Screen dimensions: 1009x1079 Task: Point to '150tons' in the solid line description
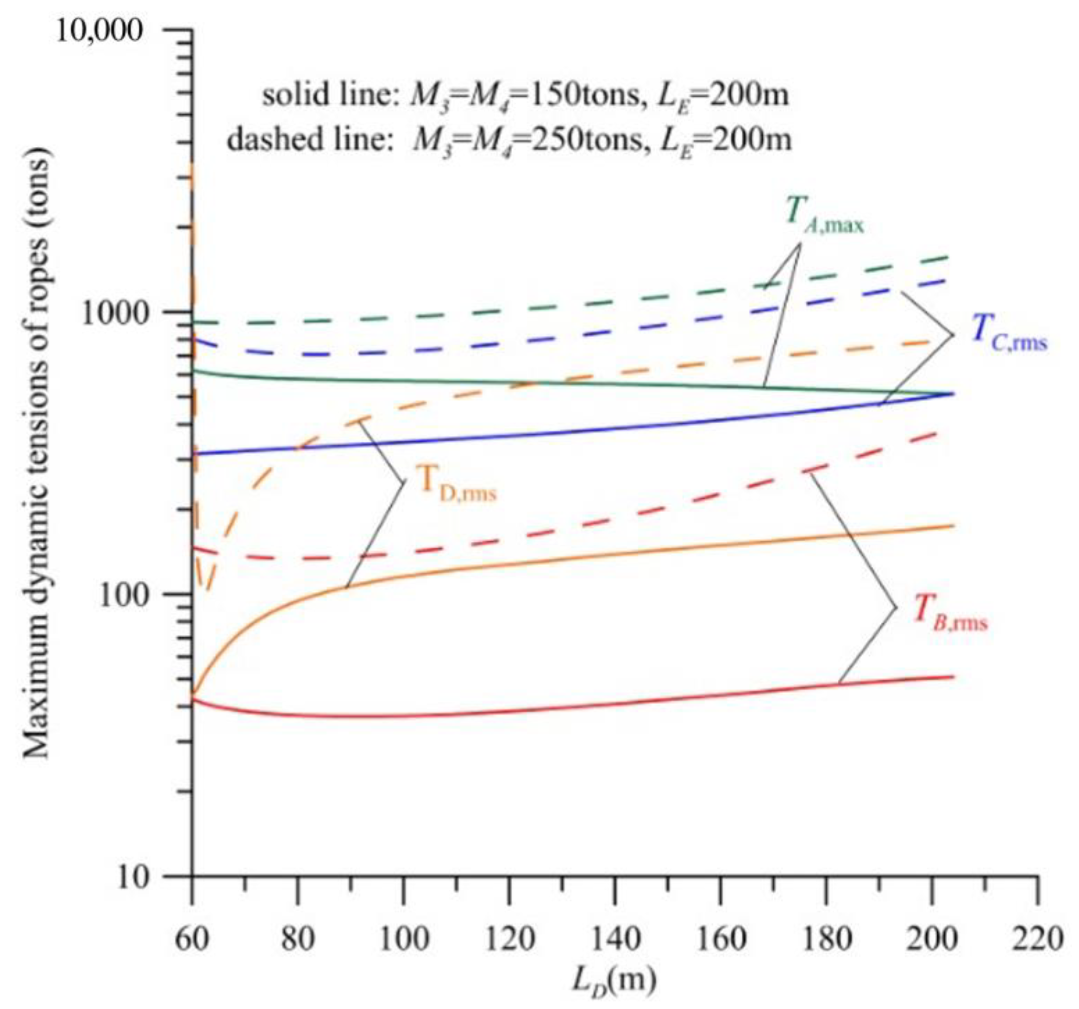[589, 96]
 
